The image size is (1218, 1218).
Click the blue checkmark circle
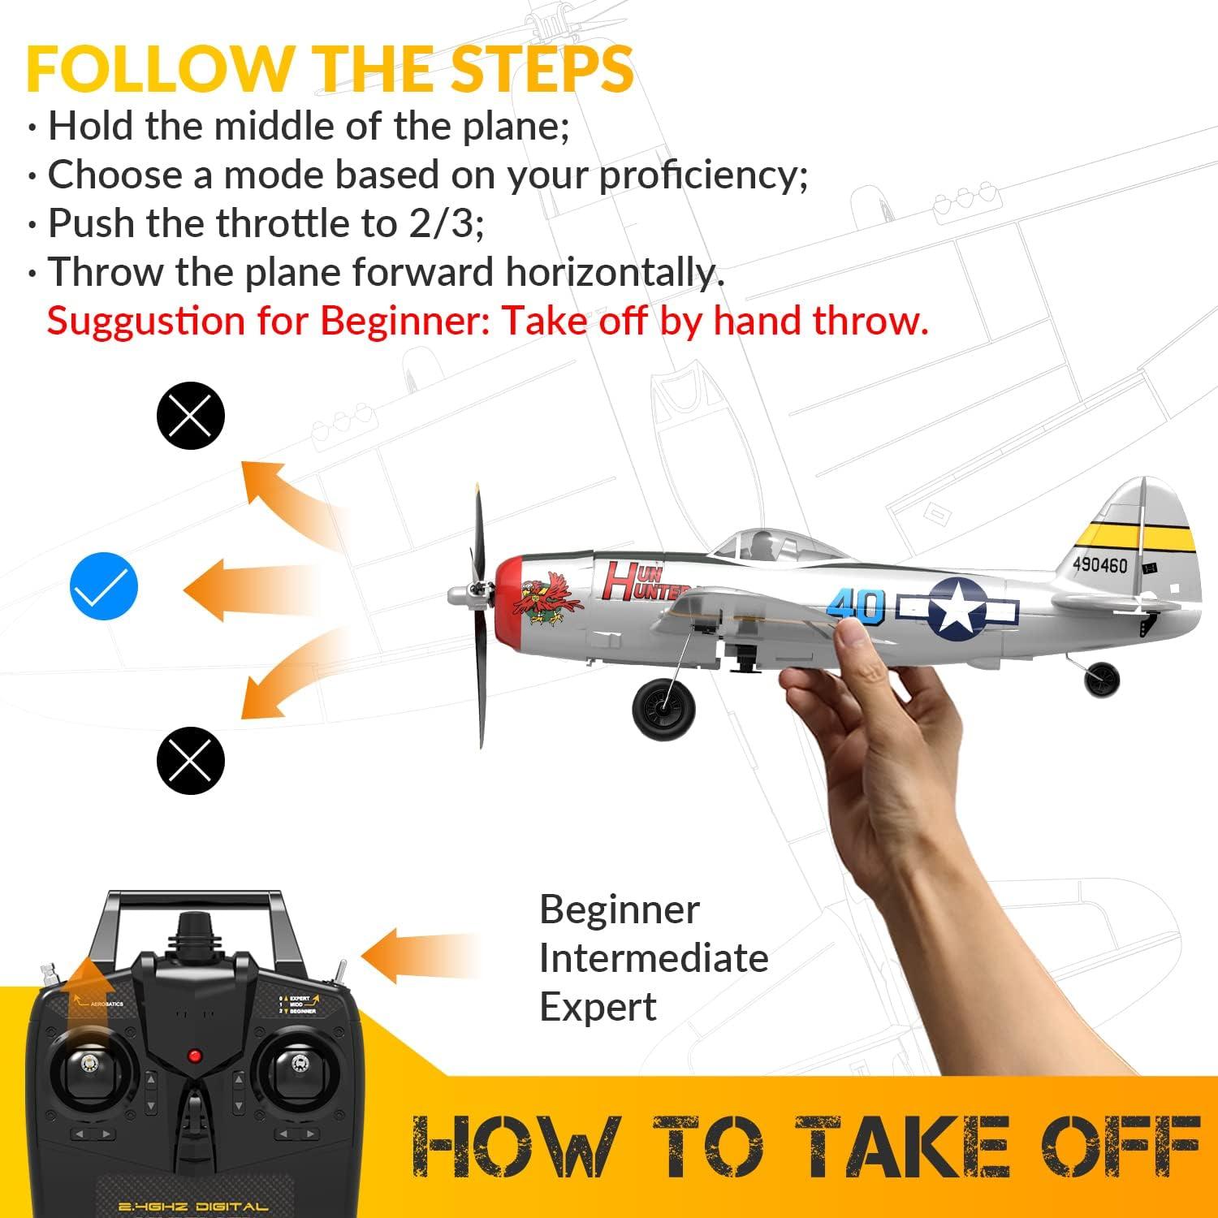click(104, 586)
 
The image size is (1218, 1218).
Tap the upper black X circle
click(190, 416)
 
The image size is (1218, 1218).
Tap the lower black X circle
click(190, 760)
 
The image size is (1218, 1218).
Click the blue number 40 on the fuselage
click(856, 605)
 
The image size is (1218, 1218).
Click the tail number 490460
click(1099, 564)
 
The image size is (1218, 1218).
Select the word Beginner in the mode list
click(619, 909)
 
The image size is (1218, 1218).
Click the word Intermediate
click(654, 958)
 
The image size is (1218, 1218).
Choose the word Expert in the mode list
click(598, 1007)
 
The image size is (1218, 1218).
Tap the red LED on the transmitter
click(194, 1056)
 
